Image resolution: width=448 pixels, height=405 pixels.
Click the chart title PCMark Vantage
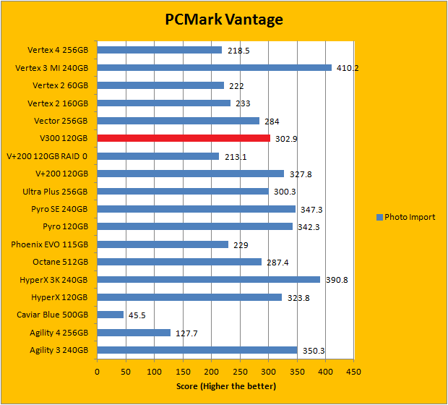tap(223, 20)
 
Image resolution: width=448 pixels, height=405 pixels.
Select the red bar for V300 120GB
tap(184, 138)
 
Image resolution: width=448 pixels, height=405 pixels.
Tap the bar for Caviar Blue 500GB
tap(110, 315)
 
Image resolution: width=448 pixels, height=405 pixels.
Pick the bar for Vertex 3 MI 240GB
tap(214, 68)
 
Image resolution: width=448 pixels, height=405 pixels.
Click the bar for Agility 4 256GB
tap(134, 333)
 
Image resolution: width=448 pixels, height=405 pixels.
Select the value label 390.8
tap(336, 280)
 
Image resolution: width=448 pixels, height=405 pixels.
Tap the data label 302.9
tap(285, 138)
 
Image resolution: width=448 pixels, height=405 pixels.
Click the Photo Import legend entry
tap(408, 216)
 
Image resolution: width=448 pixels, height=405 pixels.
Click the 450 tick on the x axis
tap(354, 371)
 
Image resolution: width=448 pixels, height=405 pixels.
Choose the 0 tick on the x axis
tap(97, 371)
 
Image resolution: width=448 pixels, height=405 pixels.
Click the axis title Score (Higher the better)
tap(226, 385)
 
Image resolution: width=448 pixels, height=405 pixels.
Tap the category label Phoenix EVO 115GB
tap(50, 244)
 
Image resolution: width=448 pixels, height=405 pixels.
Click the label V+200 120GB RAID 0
tap(47, 156)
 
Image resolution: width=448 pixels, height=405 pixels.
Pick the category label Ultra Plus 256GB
tap(56, 192)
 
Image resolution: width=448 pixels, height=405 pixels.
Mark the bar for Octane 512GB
tap(179, 262)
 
